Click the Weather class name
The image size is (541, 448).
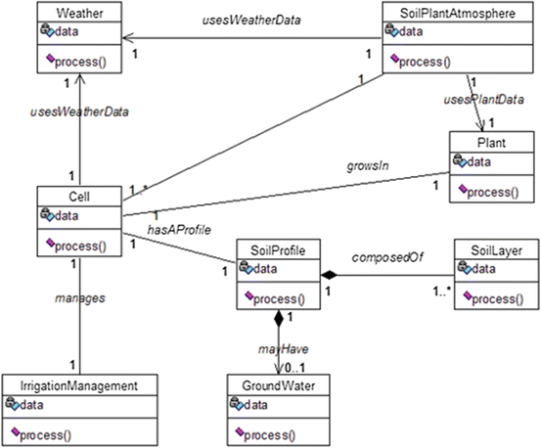(79, 13)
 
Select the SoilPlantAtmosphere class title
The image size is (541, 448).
(458, 13)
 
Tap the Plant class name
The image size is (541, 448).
(491, 143)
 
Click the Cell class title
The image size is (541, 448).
(79, 197)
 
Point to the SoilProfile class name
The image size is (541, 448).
(278, 250)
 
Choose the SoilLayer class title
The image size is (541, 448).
(497, 250)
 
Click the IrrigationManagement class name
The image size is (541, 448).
(79, 385)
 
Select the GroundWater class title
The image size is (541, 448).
(279, 385)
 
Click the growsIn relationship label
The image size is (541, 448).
(368, 166)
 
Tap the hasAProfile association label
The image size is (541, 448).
(179, 230)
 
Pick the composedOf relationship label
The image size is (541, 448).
(387, 257)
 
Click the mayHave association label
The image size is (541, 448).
(284, 349)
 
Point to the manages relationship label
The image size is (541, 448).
(80, 298)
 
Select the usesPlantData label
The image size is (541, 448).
(483, 100)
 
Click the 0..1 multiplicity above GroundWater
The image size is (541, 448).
(295, 368)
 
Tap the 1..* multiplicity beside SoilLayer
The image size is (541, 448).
(442, 291)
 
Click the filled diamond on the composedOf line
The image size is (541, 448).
(329, 275)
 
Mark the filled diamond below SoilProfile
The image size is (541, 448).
(279, 318)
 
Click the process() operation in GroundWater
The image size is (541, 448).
(265, 434)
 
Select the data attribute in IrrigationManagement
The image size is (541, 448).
(24, 404)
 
